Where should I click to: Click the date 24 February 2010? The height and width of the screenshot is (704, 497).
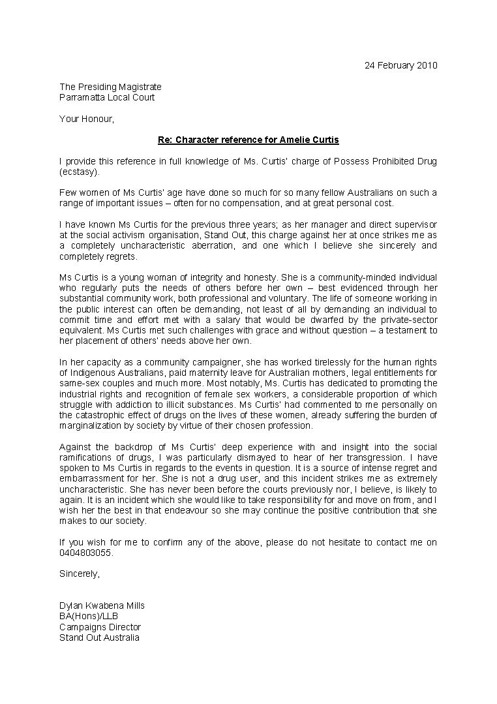tap(400, 65)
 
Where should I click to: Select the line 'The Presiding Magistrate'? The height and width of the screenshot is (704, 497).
tap(110, 87)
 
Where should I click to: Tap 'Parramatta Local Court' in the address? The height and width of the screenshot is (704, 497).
tap(107, 97)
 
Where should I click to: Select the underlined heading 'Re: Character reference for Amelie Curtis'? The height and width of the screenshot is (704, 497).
tap(248, 140)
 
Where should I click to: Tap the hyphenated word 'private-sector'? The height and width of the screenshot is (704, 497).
tap(410, 320)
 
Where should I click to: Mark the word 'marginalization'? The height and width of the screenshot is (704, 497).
tap(91, 425)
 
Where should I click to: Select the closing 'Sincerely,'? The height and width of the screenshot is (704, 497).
tap(80, 574)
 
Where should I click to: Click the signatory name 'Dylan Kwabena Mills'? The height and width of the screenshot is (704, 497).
tap(102, 605)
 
